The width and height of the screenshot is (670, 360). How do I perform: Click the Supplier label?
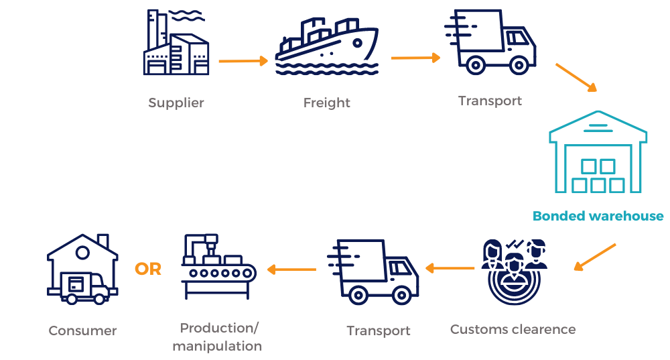tap(176, 103)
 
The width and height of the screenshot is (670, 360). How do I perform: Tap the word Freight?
tap(326, 103)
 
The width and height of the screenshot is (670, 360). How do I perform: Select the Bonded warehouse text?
tap(598, 216)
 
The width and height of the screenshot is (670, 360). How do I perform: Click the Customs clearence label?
tap(513, 329)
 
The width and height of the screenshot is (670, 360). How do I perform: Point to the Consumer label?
tap(82, 331)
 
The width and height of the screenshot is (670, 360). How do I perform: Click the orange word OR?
tap(148, 269)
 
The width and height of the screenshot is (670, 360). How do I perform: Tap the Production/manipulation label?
tap(217, 337)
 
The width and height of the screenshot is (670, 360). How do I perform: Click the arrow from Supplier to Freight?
tap(243, 61)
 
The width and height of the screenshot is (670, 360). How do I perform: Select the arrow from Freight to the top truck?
tap(415, 58)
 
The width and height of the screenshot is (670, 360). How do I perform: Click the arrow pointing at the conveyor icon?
tap(291, 269)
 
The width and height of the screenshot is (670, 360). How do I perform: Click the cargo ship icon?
tap(327, 48)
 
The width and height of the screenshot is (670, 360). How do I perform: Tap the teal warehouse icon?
tap(598, 151)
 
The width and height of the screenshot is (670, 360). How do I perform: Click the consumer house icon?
tap(82, 269)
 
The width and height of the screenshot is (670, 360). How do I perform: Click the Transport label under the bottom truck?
tap(379, 331)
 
